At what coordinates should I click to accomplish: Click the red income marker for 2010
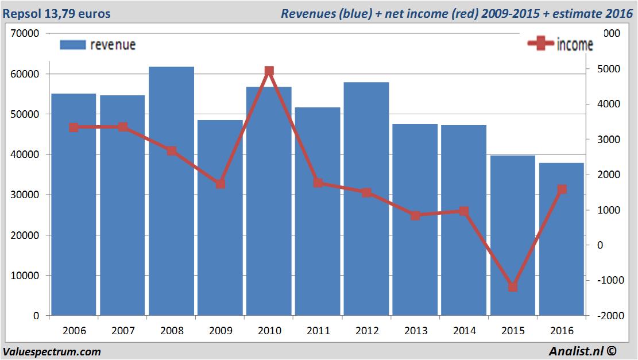click(x=269, y=71)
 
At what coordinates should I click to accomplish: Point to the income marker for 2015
click(x=513, y=287)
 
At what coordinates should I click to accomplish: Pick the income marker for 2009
click(x=221, y=184)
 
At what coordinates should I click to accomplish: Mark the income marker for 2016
click(x=562, y=189)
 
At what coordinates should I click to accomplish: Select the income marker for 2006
click(x=74, y=127)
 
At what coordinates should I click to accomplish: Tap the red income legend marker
click(x=540, y=44)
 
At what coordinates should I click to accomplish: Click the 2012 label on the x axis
click(x=367, y=331)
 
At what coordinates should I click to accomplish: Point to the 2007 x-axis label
click(x=123, y=331)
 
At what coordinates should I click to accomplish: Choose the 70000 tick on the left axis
click(x=25, y=33)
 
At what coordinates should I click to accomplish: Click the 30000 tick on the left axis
click(x=25, y=195)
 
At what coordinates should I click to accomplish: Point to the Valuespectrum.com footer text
click(x=52, y=351)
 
